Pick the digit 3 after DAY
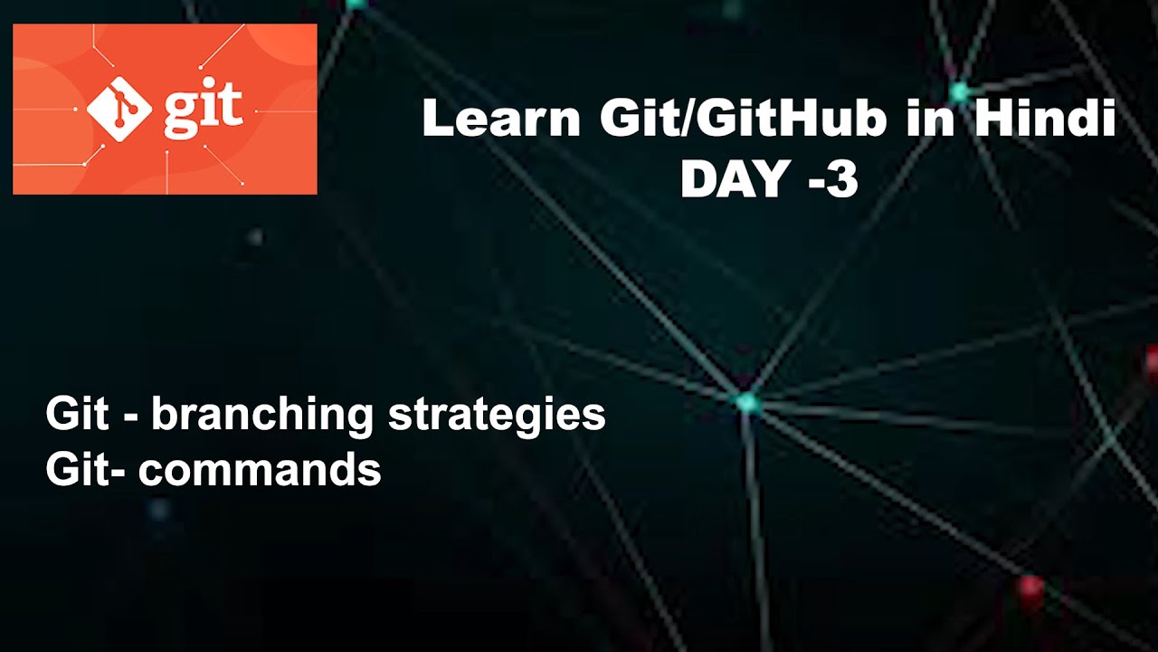point(841,179)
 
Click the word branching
point(261,416)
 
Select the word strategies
point(497,416)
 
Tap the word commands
point(260,470)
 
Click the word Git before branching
point(76,416)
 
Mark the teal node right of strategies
point(746,402)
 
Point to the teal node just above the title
point(958,91)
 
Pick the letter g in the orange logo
point(181,112)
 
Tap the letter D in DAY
point(698,179)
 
